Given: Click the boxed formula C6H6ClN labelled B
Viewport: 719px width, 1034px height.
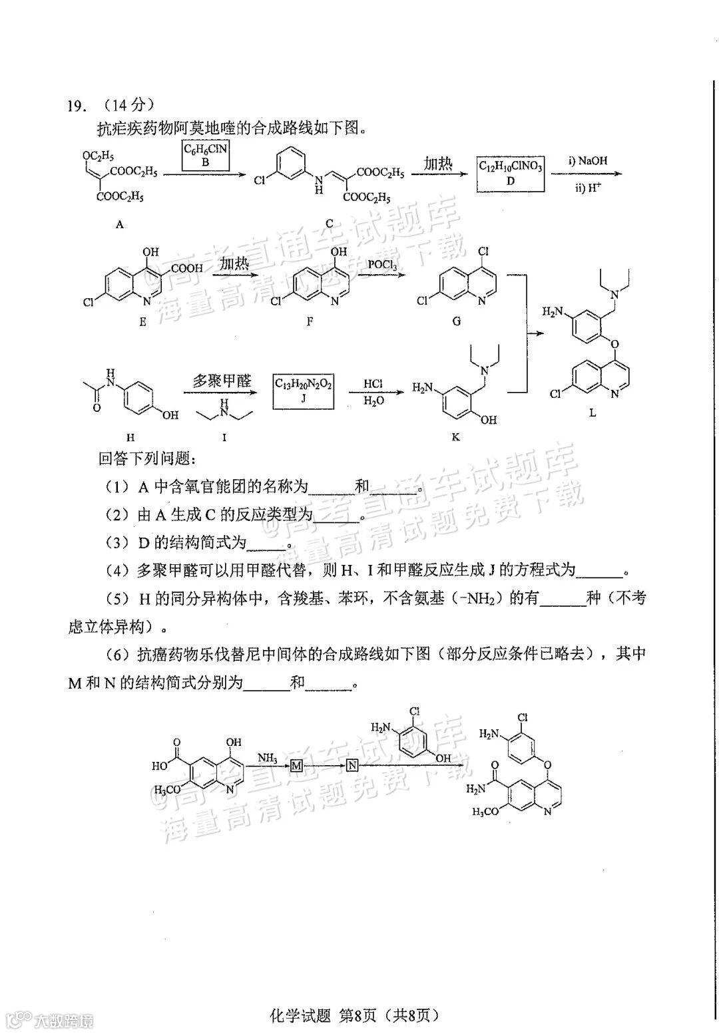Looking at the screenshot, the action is coord(206,154).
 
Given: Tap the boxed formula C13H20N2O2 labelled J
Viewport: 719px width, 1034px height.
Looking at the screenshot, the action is coord(304,390).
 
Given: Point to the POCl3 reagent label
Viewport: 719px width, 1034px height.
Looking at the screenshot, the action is coord(383,265).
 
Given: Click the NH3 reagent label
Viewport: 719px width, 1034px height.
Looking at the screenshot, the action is coord(268,757).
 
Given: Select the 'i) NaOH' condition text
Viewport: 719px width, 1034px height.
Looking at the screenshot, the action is coord(588,160).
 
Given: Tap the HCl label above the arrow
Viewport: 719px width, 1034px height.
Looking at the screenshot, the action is coord(373,384).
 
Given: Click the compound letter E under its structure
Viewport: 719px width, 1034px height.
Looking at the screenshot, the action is coord(142,321).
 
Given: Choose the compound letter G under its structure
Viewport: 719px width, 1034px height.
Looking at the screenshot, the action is coord(456,321).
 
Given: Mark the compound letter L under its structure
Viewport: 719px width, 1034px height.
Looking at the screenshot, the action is coord(593,413).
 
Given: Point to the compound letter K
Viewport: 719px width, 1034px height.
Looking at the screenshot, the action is coord(456,437).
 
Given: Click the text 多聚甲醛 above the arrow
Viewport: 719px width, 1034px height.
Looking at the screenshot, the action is coord(222,381).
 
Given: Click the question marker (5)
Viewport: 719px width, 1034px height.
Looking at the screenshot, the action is coord(117,599).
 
